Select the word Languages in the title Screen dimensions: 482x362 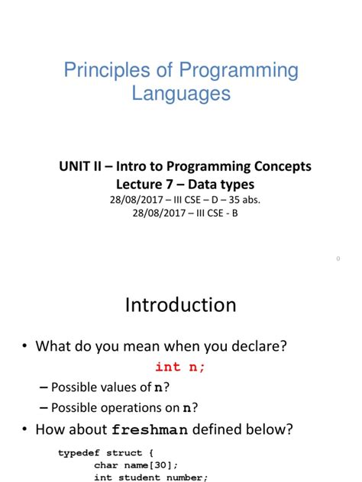tap(181, 94)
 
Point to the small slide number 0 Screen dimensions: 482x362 tap(338, 259)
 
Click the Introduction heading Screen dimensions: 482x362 tap(180, 305)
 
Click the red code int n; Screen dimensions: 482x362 tap(180, 367)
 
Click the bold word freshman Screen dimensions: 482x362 tap(150, 429)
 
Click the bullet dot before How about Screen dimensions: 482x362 tap(24, 429)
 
